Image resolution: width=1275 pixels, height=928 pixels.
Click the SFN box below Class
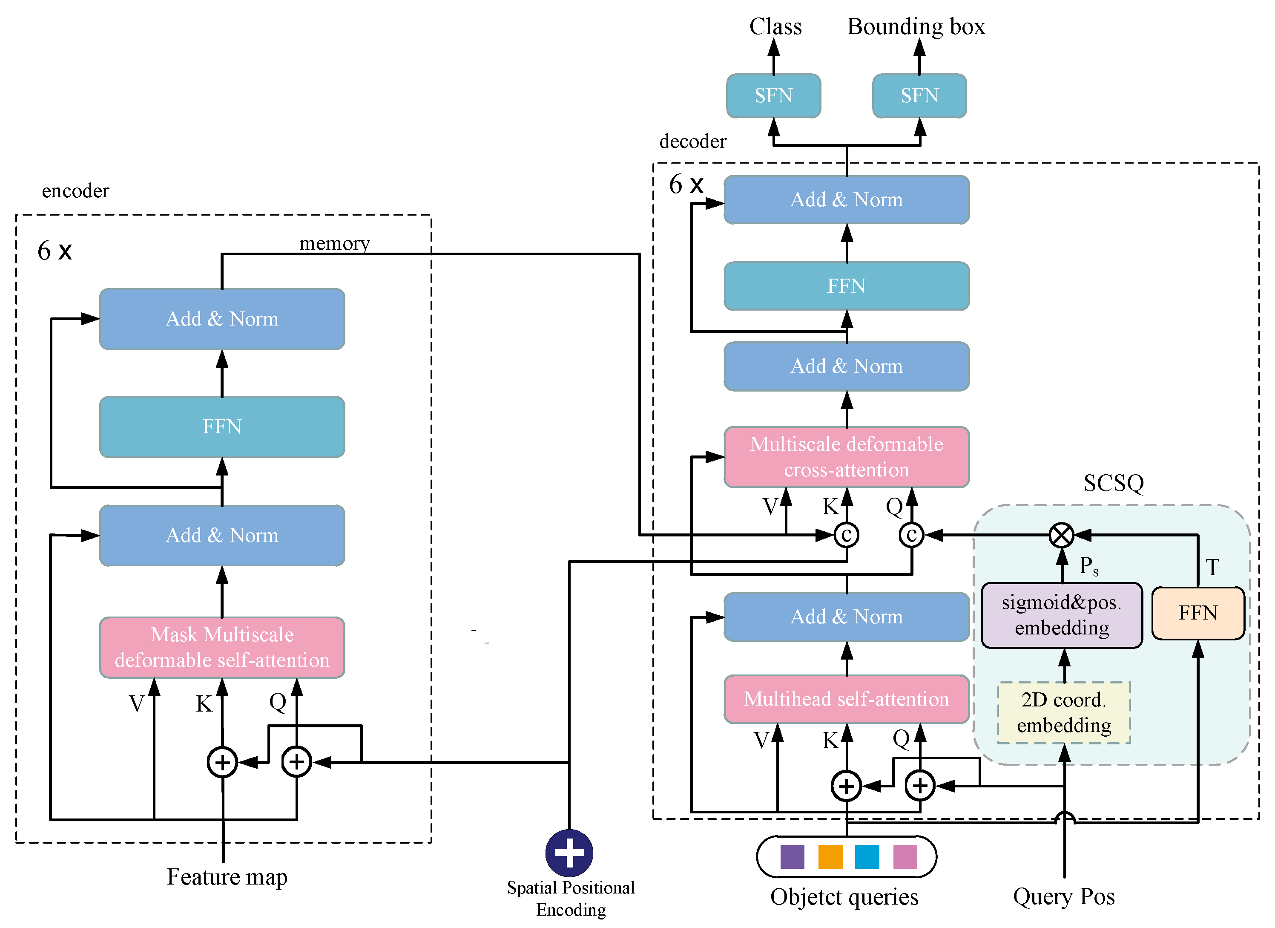click(773, 95)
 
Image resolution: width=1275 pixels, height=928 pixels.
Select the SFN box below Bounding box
click(919, 95)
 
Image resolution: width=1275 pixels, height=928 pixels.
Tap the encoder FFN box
click(222, 427)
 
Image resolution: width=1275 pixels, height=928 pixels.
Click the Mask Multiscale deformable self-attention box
click(222, 647)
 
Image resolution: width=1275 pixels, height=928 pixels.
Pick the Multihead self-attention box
click(846, 699)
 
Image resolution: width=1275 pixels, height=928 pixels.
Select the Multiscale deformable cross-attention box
click(846, 457)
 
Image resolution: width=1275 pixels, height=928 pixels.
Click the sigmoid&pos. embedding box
click(1061, 615)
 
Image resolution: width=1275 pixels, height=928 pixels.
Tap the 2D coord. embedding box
click(1064, 712)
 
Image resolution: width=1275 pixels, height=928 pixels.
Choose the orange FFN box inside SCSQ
click(1197, 613)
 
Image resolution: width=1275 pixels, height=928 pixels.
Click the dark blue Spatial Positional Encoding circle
click(569, 853)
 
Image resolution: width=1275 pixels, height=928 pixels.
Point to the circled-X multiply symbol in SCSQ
click(1061, 535)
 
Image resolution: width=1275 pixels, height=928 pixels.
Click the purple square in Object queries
click(792, 856)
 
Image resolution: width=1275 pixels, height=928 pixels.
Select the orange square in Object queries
click(830, 856)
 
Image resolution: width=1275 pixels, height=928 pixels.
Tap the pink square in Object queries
click(905, 856)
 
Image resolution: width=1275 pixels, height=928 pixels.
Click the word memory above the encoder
click(334, 243)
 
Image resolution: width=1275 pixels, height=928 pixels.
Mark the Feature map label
click(227, 877)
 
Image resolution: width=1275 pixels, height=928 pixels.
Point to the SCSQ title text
click(1113, 483)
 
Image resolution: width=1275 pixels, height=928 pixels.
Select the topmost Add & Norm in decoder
click(846, 200)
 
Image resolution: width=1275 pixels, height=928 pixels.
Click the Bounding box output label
click(916, 26)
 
